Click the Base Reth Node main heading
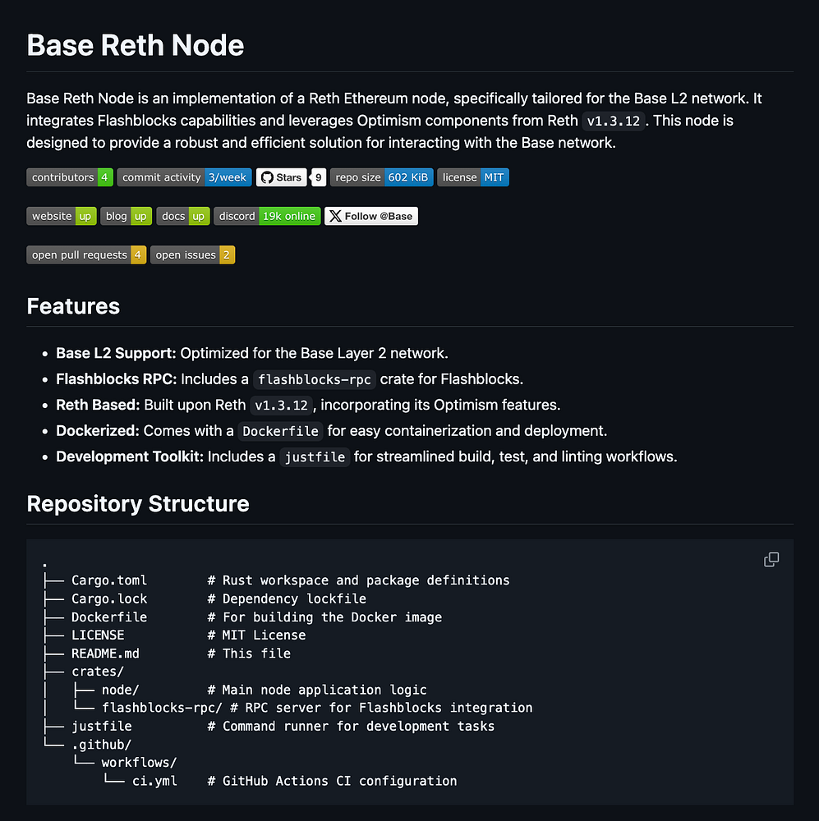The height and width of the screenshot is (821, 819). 136,44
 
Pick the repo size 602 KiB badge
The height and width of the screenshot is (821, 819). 381,177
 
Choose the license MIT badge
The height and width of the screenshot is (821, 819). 472,177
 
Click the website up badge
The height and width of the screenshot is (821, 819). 62,216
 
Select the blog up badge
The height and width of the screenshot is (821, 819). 127,216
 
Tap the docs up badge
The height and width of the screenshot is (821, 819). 182,216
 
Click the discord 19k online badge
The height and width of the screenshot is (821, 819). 267,216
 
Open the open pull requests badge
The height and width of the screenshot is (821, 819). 86,255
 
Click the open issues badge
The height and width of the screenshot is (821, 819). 192,255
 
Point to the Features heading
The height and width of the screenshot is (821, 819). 73,306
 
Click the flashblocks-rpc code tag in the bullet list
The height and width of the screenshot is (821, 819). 315,379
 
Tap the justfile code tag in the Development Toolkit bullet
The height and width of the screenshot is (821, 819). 315,457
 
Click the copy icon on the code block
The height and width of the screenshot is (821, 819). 771,560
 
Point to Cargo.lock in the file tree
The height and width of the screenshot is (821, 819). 109,599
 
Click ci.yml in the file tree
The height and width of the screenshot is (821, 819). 154,781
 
